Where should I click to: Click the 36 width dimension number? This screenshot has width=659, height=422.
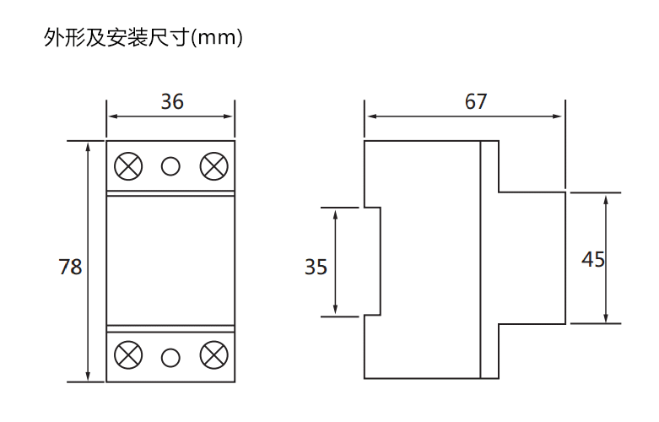coord(172,102)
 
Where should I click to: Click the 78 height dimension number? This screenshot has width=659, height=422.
coord(70,267)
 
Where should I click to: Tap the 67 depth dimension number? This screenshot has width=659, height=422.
coord(476,102)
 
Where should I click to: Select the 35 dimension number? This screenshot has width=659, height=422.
coord(316,267)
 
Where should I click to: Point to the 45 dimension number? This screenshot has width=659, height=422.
coord(593,259)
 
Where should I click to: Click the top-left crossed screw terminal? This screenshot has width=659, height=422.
coord(128,166)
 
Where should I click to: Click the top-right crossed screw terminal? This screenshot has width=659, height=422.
coord(213,166)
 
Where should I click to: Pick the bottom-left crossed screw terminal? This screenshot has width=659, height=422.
coord(128,355)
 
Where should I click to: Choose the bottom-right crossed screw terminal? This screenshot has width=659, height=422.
coord(213,355)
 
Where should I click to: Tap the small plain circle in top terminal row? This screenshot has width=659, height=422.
coord(170,166)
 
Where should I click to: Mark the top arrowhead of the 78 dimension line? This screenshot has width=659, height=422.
coord(89,146)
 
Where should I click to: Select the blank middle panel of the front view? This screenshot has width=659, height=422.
coord(170,260)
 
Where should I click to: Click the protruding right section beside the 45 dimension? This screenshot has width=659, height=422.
coord(532,257)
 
